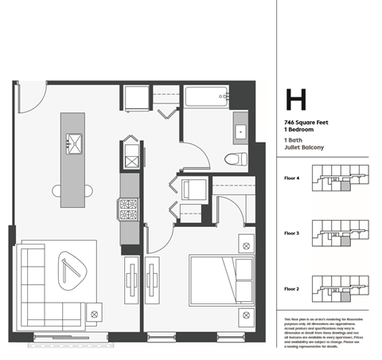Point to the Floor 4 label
[x=291, y=178]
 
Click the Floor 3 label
[x=291, y=233]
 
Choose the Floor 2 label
[x=291, y=288]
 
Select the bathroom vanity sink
[x=240, y=130]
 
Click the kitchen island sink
[x=74, y=144]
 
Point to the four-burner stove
[x=128, y=209]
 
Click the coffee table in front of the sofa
[x=69, y=268]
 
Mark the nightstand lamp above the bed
[x=247, y=245]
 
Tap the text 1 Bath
[x=294, y=139]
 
